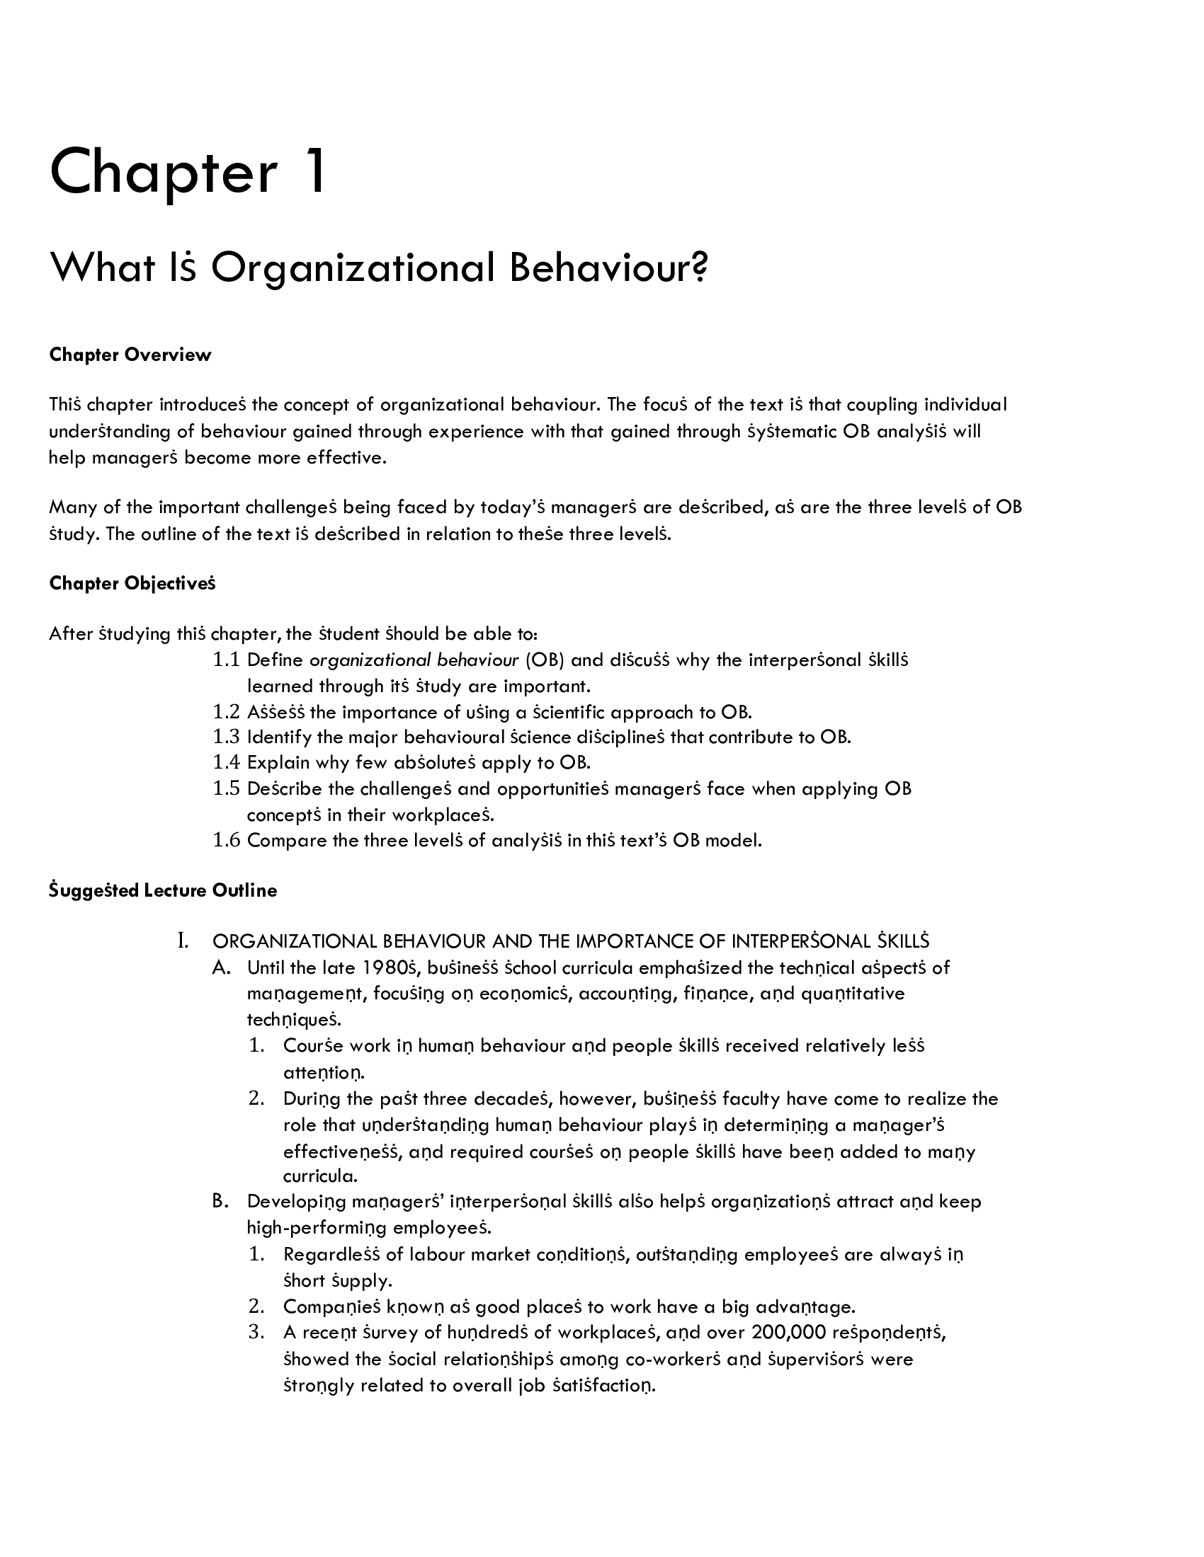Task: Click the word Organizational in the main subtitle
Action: pos(353,268)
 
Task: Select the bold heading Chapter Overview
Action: pos(130,355)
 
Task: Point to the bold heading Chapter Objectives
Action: pos(132,584)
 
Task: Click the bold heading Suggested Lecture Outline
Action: pos(163,890)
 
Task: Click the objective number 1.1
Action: pos(226,660)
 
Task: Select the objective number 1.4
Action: pos(226,763)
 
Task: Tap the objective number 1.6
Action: pos(226,841)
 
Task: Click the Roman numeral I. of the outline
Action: pos(183,941)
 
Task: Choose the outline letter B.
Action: pos(220,1201)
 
